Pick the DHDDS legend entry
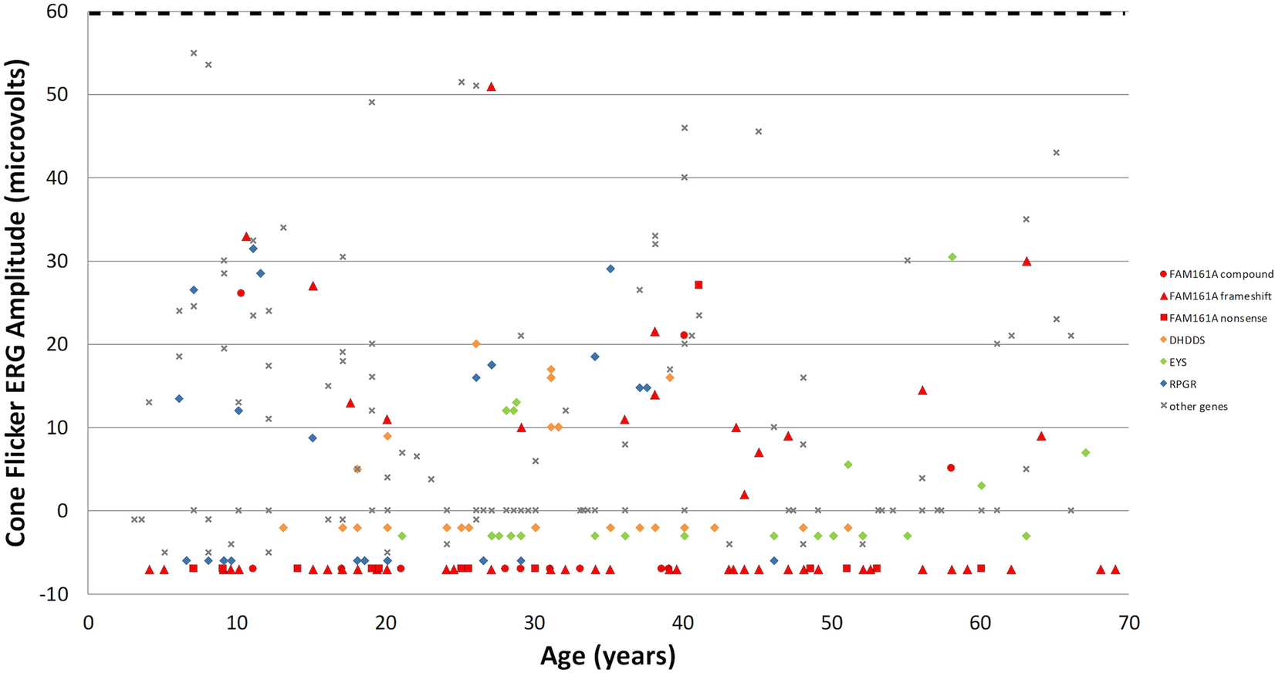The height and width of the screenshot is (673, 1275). click(x=1186, y=340)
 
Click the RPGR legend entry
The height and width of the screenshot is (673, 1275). click(x=1182, y=384)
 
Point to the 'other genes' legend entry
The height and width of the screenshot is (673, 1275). click(x=1198, y=406)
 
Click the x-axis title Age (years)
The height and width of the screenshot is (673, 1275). click(x=607, y=655)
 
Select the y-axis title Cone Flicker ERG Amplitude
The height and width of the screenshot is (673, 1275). click(x=17, y=305)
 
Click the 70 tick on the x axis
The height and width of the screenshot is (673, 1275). click(x=1128, y=622)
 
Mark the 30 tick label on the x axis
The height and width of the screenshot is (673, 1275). click(x=534, y=622)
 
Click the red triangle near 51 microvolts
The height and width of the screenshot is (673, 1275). click(x=491, y=86)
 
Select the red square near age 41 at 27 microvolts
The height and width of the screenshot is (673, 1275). click(x=698, y=285)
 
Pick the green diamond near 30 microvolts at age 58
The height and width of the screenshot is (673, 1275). click(x=952, y=257)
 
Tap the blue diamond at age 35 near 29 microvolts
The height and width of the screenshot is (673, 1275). click(x=610, y=269)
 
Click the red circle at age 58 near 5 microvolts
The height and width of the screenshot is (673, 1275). click(x=951, y=468)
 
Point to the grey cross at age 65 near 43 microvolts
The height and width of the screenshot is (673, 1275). click(x=1056, y=153)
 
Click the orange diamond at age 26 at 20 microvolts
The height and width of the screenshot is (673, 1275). click(x=476, y=343)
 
